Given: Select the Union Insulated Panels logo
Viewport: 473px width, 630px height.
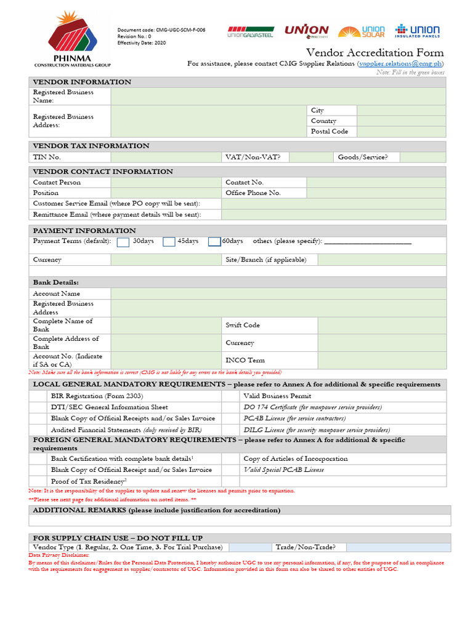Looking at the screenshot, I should click(x=417, y=31).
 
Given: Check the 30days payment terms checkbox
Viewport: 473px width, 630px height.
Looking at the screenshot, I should click(x=123, y=242).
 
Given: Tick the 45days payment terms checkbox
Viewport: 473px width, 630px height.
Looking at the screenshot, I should click(x=169, y=242).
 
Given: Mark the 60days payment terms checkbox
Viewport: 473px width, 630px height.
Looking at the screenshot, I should click(x=214, y=242).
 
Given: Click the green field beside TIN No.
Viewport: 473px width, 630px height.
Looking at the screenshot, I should click(x=166, y=157).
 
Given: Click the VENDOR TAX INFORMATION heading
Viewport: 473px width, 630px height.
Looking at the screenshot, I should click(x=91, y=146).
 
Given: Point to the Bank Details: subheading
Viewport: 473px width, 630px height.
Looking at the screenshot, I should click(x=55, y=282).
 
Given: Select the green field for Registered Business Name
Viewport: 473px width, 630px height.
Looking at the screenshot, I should click(x=278, y=96).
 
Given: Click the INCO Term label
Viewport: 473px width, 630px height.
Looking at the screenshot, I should click(x=245, y=360).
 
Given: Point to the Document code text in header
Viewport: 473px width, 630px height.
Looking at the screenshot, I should click(x=161, y=30).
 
